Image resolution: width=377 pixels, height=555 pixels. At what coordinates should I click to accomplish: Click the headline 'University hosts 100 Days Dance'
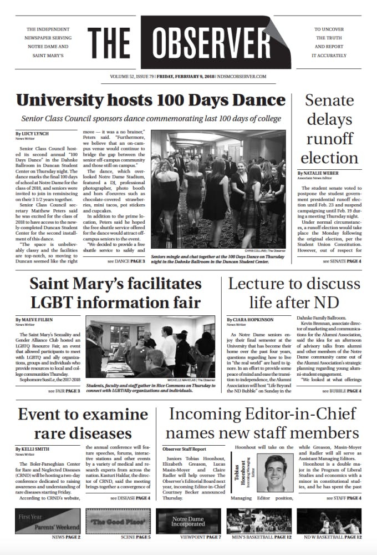pyautogui.click(x=150, y=100)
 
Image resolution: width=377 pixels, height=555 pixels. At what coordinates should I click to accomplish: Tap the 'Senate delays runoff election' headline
pyautogui.click(x=329, y=129)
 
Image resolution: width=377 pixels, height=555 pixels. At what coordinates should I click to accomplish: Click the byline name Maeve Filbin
pyautogui.click(x=35, y=320)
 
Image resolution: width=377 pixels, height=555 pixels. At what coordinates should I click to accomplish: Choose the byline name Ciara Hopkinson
pyautogui.click(x=251, y=320)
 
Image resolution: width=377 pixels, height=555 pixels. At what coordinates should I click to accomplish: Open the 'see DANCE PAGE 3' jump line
pyautogui.click(x=126, y=261)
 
